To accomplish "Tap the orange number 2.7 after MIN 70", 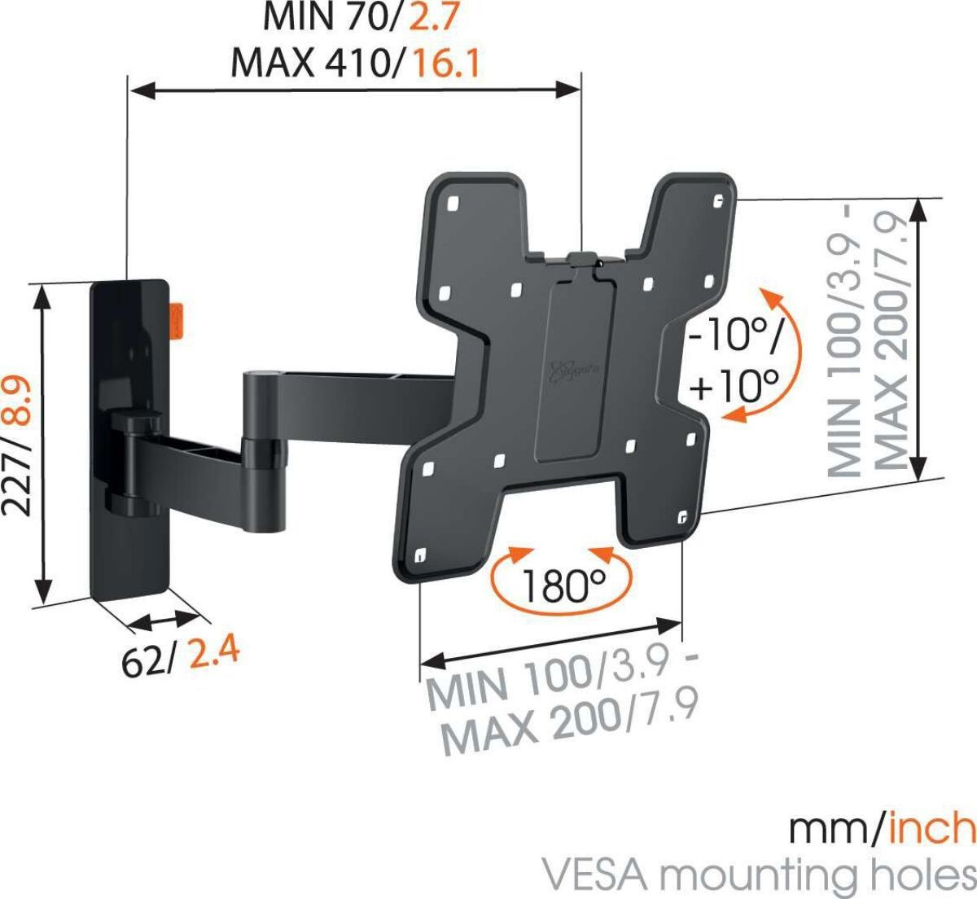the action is click(x=434, y=18).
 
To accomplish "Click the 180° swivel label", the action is click(x=564, y=586).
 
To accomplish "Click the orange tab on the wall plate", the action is click(x=177, y=320).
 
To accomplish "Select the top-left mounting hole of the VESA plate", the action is click(x=453, y=204).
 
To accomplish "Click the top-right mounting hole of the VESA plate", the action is click(x=717, y=201).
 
